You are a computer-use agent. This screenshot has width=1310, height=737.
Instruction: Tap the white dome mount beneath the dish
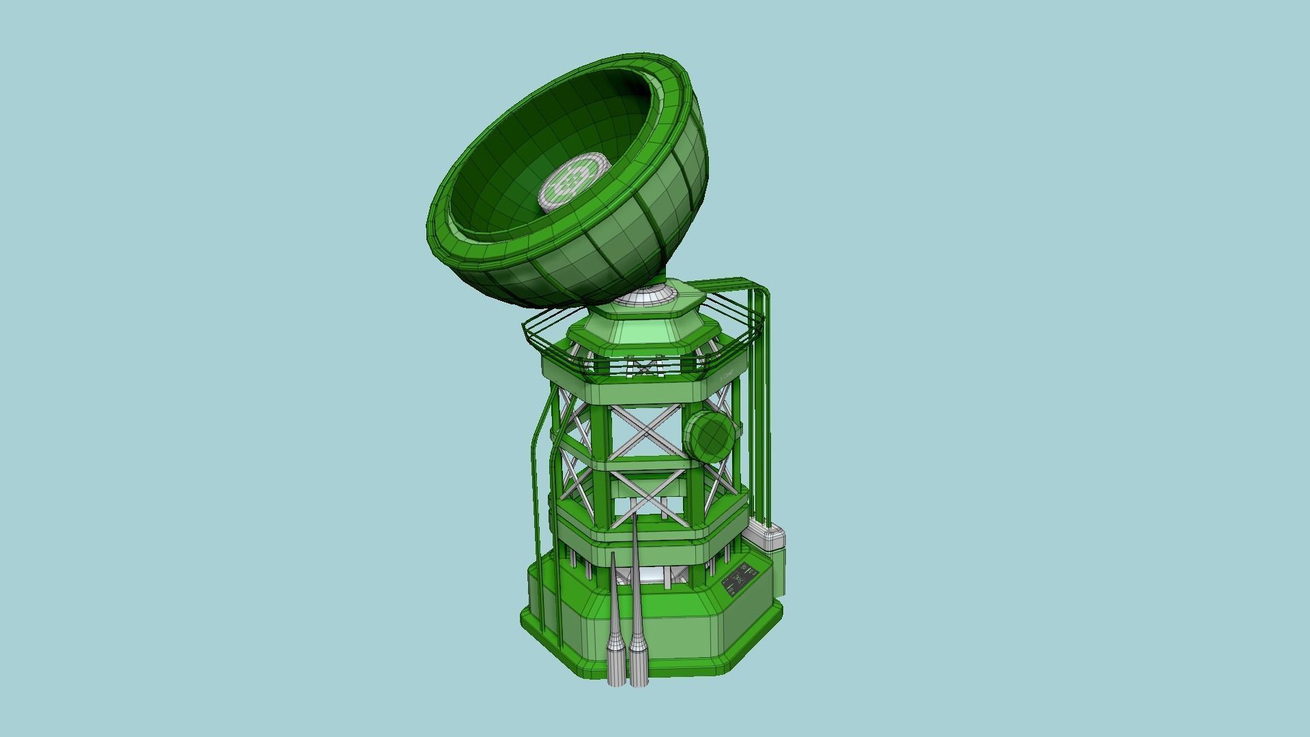coord(645,298)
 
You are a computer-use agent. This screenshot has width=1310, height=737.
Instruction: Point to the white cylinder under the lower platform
coord(648,577)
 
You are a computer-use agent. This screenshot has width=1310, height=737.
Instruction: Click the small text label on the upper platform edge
coord(727,375)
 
